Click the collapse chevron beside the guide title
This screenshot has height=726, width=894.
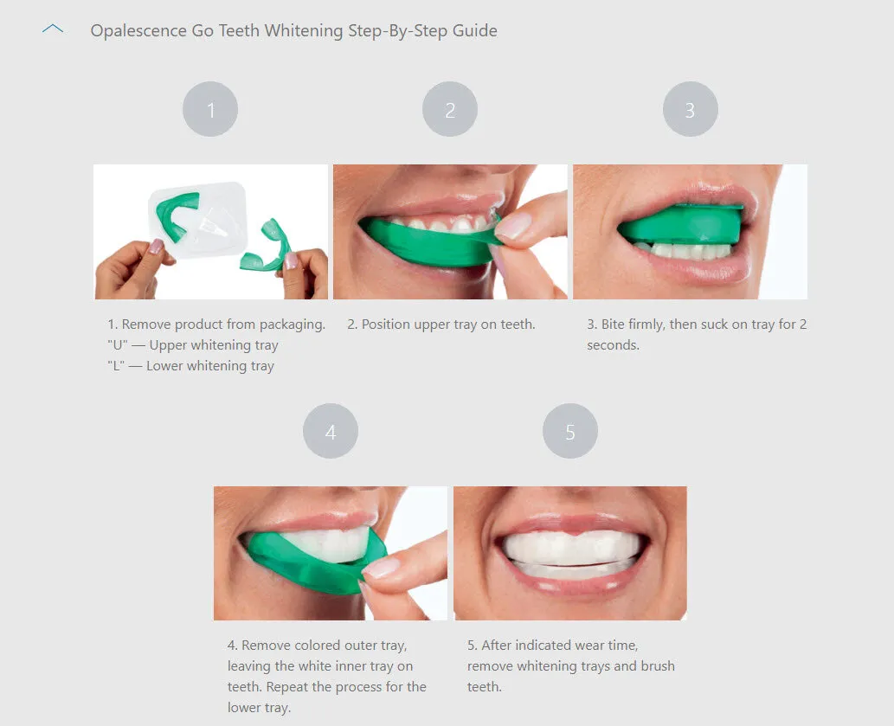click(x=53, y=29)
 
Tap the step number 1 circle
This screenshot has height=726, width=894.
click(x=210, y=110)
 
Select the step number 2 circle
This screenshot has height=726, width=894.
click(x=450, y=110)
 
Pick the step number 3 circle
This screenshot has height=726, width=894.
click(x=690, y=110)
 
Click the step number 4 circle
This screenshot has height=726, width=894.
click(x=331, y=431)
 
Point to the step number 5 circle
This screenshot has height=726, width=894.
click(x=570, y=431)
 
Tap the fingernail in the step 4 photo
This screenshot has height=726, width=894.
click(x=382, y=567)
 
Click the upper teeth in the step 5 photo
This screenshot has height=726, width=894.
click(x=571, y=547)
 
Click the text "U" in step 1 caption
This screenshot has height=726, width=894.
click(x=117, y=345)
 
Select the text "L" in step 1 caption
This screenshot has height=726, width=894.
click(x=116, y=366)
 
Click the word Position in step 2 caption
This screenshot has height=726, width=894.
click(x=389, y=324)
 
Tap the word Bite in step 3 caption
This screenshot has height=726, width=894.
click(x=614, y=324)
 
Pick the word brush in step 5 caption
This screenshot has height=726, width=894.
click(x=657, y=666)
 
